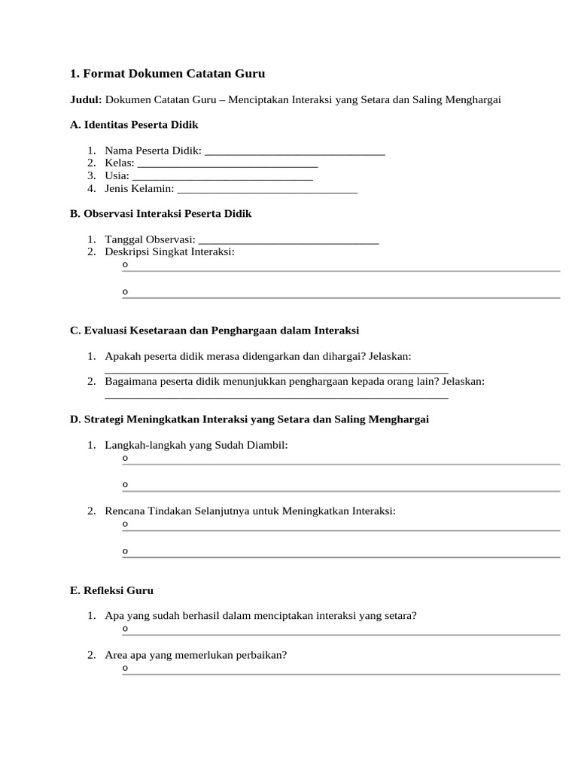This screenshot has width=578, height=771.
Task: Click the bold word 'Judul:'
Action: pos(86,99)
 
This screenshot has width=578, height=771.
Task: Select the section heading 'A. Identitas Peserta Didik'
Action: pos(134,124)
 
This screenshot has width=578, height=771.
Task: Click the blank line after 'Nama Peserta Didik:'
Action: pos(294,151)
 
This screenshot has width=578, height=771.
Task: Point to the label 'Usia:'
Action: pos(117,175)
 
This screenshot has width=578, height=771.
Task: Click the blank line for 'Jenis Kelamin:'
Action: pos(267,188)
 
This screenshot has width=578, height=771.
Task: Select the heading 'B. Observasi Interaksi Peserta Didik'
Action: pos(160,214)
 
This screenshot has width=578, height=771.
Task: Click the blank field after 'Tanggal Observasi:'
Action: pos(288,239)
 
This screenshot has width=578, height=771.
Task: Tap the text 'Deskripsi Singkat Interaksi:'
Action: pos(169,251)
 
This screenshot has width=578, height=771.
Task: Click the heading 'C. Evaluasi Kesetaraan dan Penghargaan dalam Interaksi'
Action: pos(214,331)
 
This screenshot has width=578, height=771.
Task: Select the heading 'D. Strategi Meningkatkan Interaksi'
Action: pos(249,419)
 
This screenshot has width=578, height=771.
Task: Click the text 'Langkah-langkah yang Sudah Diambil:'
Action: pos(196,445)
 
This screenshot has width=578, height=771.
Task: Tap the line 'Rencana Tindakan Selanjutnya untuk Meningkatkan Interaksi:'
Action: pos(250,511)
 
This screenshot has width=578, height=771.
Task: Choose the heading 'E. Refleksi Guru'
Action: pos(111,590)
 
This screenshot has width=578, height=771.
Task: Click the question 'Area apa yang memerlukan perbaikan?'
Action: pos(196,655)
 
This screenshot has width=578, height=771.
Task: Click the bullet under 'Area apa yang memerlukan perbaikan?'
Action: pos(125,668)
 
